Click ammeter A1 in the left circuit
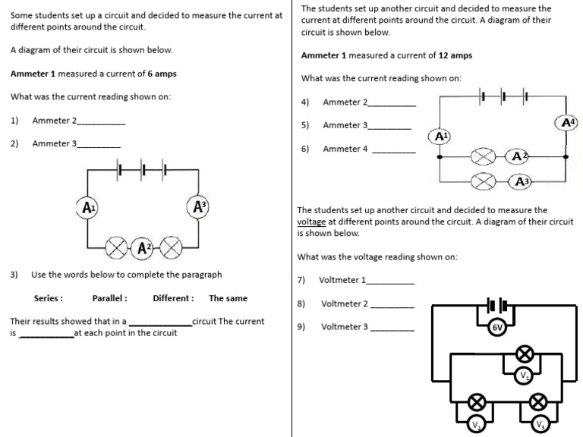click(88, 207)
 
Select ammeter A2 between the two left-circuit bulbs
click(143, 247)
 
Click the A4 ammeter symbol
click(568, 123)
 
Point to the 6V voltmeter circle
click(497, 327)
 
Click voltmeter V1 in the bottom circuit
click(523, 376)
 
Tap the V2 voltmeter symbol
click(476, 425)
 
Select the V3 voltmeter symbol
click(539, 425)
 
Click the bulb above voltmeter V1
click(523, 353)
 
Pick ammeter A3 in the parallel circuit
click(522, 181)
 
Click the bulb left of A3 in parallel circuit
click(483, 181)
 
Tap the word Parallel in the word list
click(109, 298)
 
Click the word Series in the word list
click(48, 298)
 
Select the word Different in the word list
click(173, 298)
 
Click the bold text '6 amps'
click(162, 74)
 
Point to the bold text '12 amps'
click(455, 55)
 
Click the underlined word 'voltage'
click(311, 222)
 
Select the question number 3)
click(14, 274)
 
